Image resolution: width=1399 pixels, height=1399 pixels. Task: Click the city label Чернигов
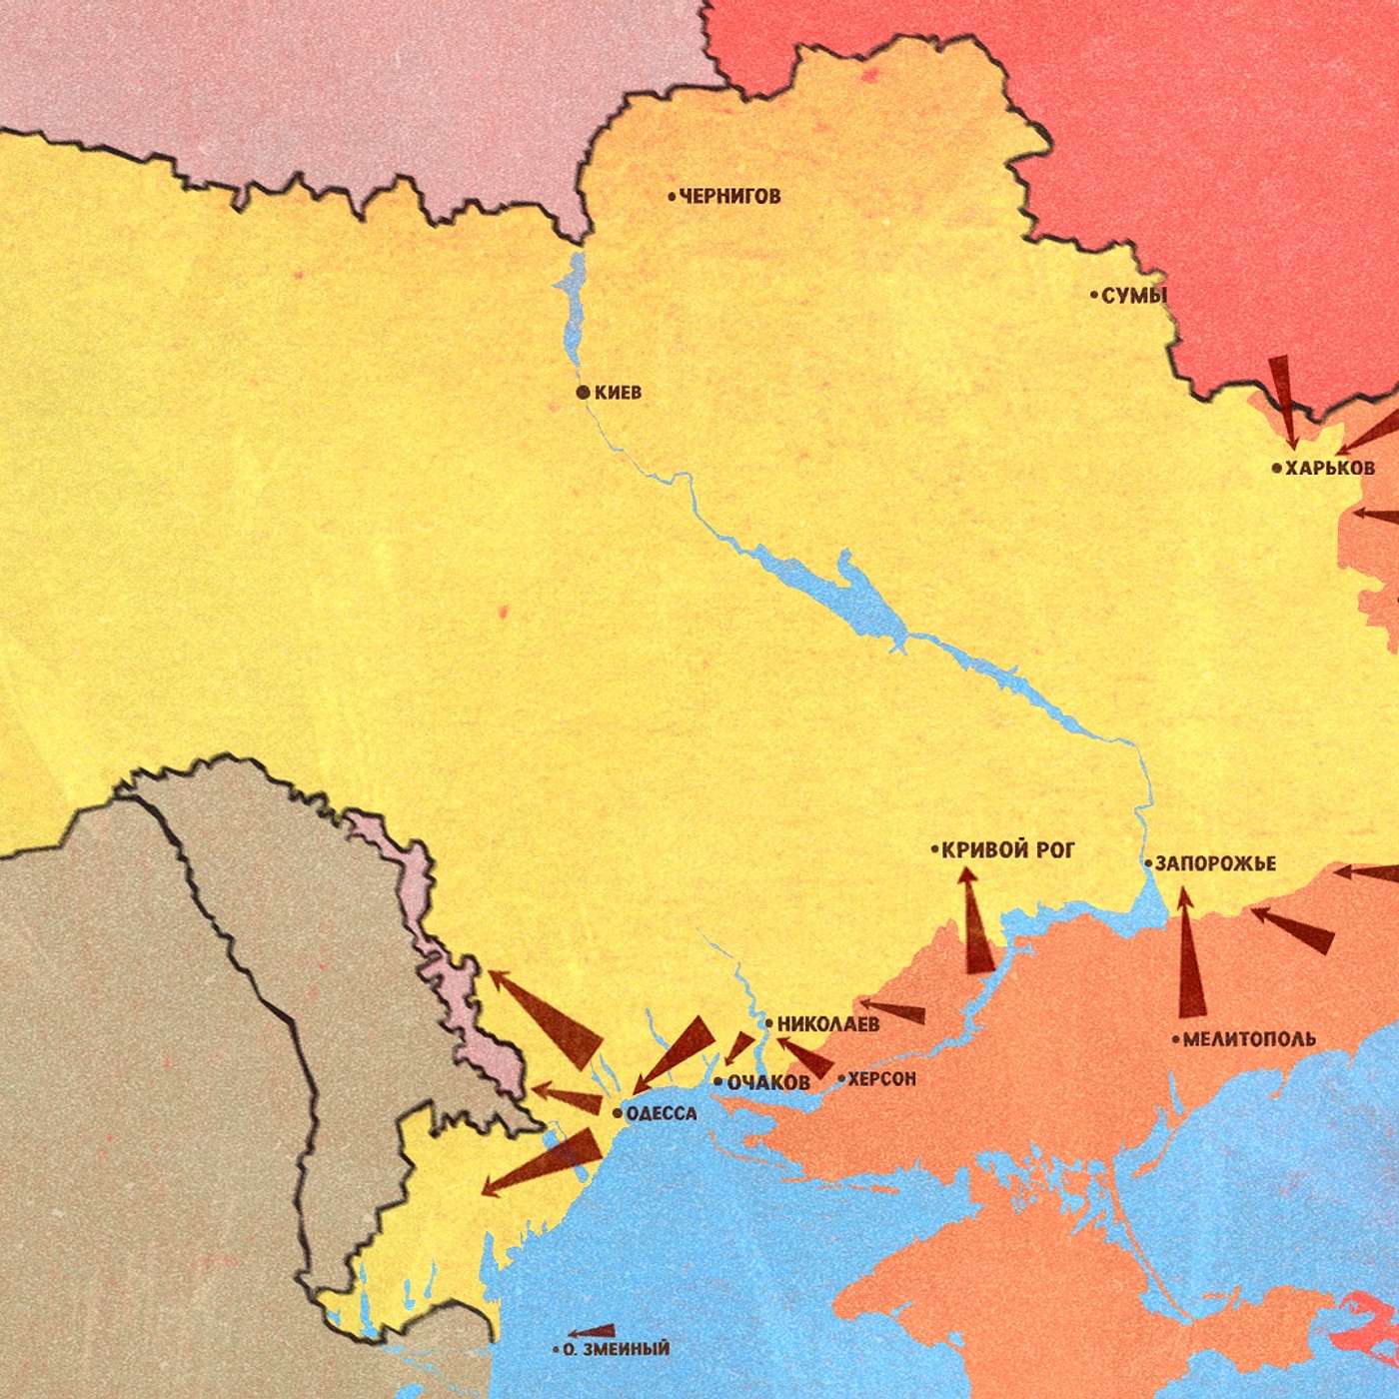pyautogui.click(x=729, y=196)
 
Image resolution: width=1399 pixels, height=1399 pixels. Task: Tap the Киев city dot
pyautogui.click(x=583, y=392)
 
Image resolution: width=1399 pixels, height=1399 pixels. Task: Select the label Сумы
pyautogui.click(x=1134, y=295)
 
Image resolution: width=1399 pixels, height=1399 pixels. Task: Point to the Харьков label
pyautogui.click(x=1329, y=468)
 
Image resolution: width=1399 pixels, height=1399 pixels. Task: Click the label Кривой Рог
pyautogui.click(x=1008, y=850)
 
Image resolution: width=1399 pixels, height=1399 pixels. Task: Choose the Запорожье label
pyautogui.click(x=1215, y=863)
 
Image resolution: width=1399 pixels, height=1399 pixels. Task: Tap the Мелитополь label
pyautogui.click(x=1249, y=1039)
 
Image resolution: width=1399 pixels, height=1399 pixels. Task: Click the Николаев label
pyautogui.click(x=828, y=1023)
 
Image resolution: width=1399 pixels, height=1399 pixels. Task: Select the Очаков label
pyautogui.click(x=767, y=1082)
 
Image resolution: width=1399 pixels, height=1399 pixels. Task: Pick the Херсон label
pyautogui.click(x=881, y=1079)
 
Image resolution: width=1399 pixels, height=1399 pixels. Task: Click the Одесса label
pyautogui.click(x=661, y=1113)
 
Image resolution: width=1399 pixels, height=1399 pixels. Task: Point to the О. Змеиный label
pyautogui.click(x=616, y=1349)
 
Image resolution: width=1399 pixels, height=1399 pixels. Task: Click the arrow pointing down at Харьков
pyautogui.click(x=1283, y=400)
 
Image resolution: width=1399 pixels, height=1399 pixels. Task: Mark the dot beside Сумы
pyautogui.click(x=1094, y=295)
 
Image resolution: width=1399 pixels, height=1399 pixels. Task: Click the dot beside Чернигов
pyautogui.click(x=672, y=196)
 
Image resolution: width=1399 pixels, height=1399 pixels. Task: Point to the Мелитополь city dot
pyautogui.click(x=1175, y=1039)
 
